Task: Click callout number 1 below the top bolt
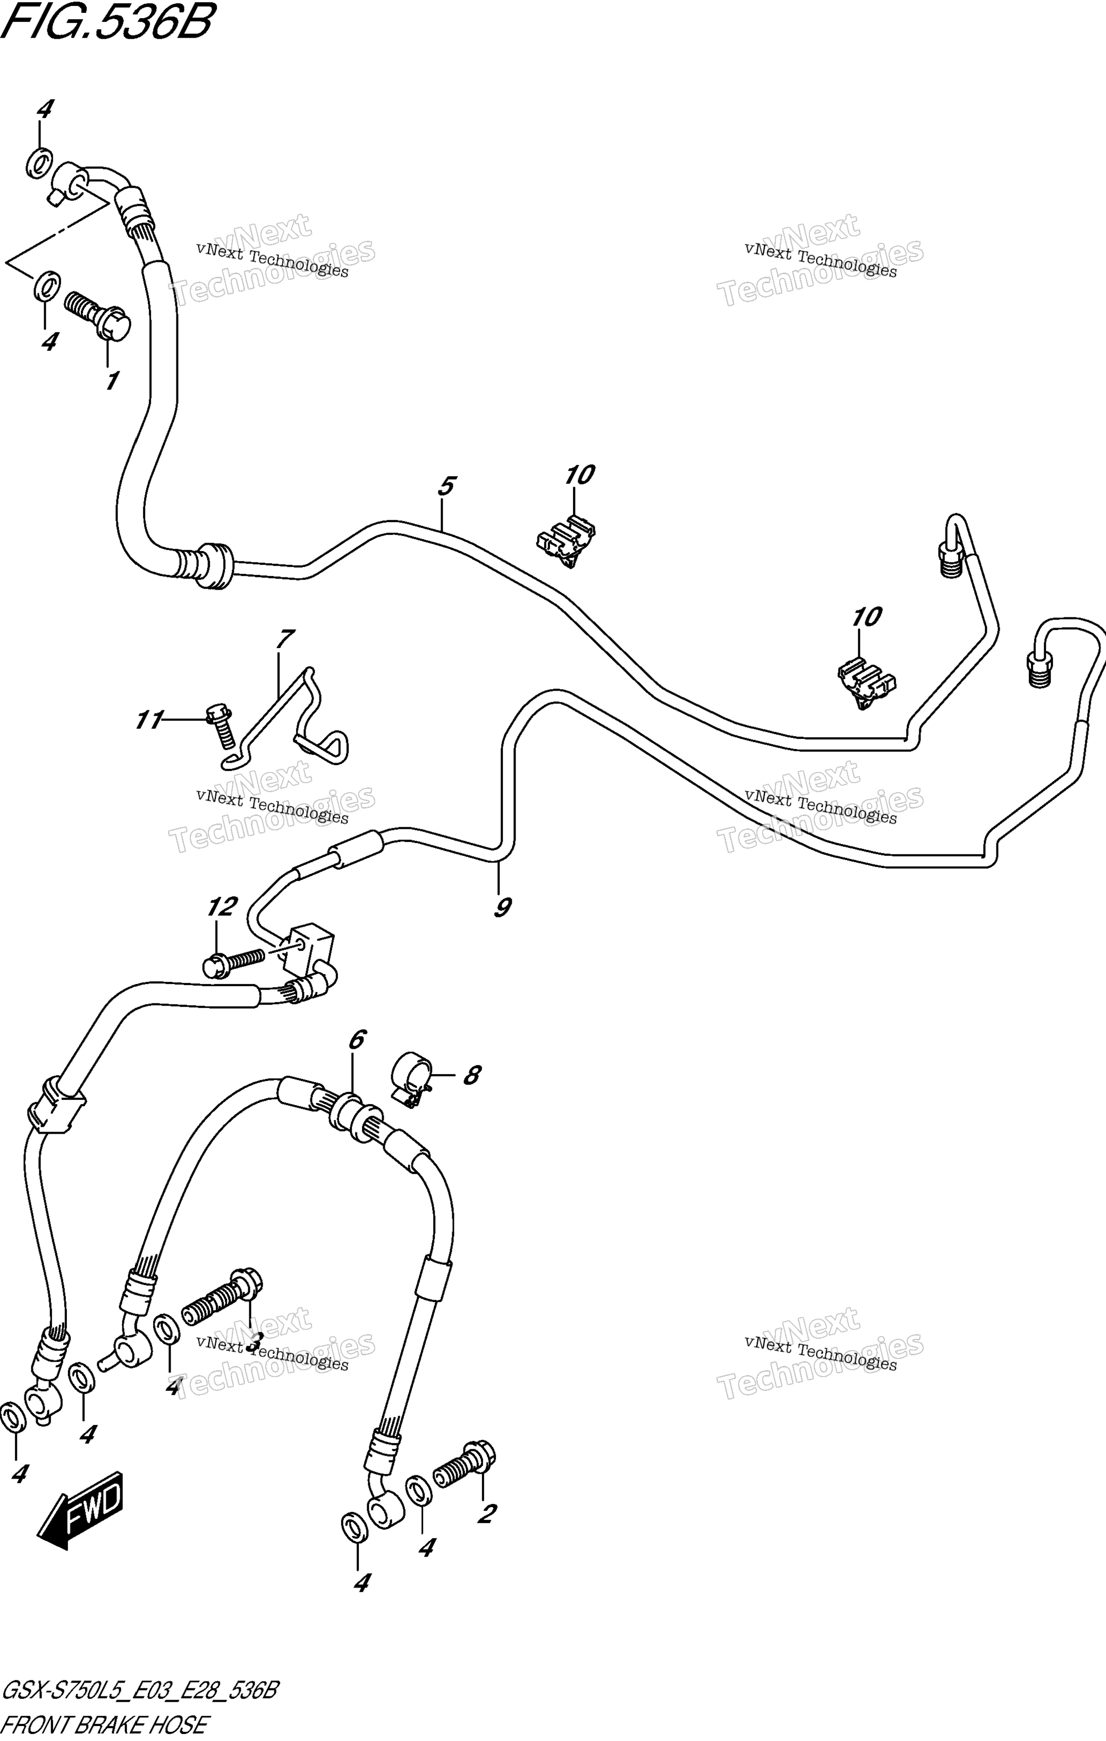112,381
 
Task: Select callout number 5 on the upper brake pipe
446,486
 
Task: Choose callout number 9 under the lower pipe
503,907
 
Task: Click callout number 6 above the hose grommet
357,1040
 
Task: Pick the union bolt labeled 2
465,1464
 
